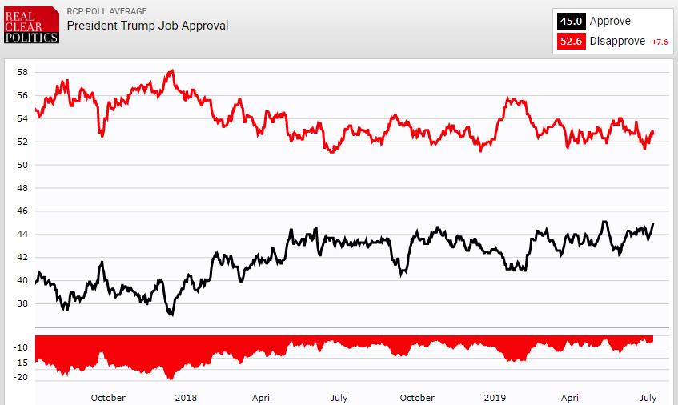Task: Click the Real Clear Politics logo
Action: point(31,25)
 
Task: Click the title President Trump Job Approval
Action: point(147,26)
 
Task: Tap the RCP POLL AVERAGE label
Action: point(106,11)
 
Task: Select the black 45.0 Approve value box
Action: point(571,22)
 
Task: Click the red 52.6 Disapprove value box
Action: point(571,41)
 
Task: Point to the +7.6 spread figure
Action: point(660,42)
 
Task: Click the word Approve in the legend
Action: point(610,22)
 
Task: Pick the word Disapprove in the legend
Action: point(617,41)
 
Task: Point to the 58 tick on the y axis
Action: point(22,72)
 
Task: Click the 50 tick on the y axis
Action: point(22,165)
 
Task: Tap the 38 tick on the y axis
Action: point(22,303)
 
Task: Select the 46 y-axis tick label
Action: point(22,211)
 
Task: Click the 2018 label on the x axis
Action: point(185,397)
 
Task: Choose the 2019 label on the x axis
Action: point(495,397)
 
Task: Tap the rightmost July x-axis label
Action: point(648,397)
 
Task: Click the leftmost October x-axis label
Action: point(108,397)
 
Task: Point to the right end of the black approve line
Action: point(653,223)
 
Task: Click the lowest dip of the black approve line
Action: point(171,315)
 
